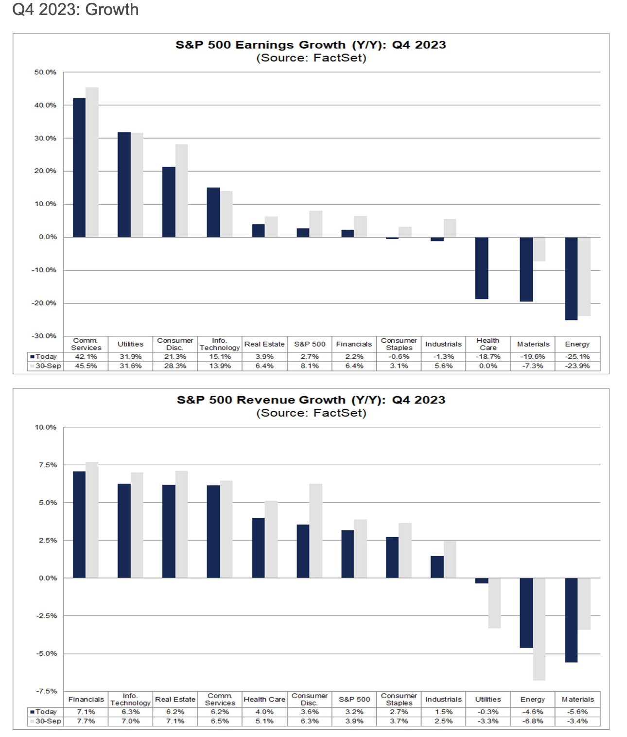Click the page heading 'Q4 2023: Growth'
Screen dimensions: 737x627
(x=75, y=10)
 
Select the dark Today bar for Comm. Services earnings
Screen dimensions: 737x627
(x=79, y=168)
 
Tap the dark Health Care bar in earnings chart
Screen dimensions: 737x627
(x=482, y=268)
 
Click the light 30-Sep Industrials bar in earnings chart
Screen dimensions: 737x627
(x=450, y=228)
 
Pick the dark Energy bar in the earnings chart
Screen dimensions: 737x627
(x=571, y=279)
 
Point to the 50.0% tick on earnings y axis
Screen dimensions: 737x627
(x=45, y=72)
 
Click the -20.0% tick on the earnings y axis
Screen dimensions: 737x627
(x=44, y=303)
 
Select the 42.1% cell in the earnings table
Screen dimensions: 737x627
(x=86, y=356)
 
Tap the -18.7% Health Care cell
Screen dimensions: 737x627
(x=488, y=356)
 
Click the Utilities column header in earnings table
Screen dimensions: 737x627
(x=130, y=344)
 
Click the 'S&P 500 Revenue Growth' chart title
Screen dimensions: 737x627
(x=311, y=400)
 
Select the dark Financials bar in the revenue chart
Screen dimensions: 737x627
(x=79, y=525)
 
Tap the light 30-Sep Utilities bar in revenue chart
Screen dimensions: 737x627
(x=494, y=603)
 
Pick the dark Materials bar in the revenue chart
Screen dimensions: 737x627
(x=571, y=620)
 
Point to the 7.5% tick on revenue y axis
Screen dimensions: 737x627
(x=48, y=465)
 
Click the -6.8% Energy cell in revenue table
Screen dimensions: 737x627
(x=533, y=721)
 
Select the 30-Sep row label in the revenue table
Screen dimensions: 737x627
(x=48, y=721)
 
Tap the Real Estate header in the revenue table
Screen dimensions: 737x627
(x=175, y=700)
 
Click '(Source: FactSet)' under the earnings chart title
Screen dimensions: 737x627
(x=311, y=58)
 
